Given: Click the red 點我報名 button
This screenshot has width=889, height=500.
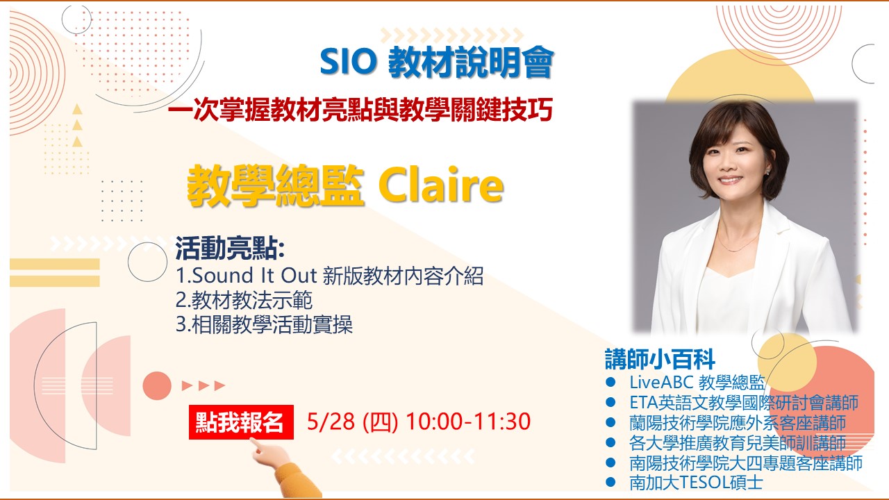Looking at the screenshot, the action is (x=241, y=422).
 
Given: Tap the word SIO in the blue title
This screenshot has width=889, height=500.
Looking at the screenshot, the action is (x=348, y=62).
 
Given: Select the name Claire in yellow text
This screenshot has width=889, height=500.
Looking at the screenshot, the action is (x=441, y=185).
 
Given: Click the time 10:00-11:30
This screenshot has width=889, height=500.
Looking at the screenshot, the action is (x=468, y=421).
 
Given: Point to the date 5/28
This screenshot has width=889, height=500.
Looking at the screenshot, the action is (x=331, y=421).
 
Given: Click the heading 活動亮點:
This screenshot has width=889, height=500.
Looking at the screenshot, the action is (x=230, y=249).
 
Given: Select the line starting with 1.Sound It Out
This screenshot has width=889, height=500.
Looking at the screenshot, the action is (x=330, y=276).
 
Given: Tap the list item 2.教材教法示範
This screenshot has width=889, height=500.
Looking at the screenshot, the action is (x=244, y=300).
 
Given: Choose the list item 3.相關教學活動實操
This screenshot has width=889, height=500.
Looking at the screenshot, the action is (x=265, y=324).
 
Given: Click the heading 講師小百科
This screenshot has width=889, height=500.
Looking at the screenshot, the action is (x=660, y=359).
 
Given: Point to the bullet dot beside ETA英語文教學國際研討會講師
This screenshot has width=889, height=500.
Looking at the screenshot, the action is (x=610, y=402).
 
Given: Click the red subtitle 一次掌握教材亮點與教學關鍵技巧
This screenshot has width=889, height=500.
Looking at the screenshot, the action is (x=360, y=109).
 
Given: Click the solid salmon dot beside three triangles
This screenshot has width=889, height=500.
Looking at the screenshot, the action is (x=157, y=385).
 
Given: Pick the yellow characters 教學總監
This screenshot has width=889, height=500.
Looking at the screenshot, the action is (x=276, y=185).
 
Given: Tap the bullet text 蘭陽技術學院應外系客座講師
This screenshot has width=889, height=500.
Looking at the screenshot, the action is (x=738, y=423).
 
